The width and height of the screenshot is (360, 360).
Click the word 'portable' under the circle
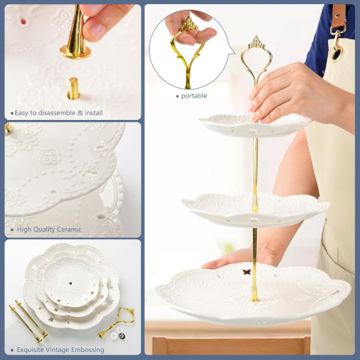(194, 96)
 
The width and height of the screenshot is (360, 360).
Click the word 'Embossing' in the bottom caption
(88, 350)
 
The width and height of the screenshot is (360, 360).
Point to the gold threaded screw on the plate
(74, 88)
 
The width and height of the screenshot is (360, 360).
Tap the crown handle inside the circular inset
(188, 50)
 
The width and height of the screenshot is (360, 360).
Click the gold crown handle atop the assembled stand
(256, 58)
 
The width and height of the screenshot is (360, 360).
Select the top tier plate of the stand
(254, 126)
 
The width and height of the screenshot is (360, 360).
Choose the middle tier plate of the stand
(255, 210)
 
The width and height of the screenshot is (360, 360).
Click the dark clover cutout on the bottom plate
(247, 272)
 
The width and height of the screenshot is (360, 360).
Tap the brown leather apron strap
(339, 16)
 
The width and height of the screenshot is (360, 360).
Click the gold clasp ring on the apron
(338, 54)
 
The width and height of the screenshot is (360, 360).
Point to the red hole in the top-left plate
(23, 22)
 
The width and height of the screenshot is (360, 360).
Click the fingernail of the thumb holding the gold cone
(96, 30)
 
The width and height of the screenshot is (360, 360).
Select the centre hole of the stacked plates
(70, 283)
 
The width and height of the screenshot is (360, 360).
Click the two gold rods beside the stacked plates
(28, 322)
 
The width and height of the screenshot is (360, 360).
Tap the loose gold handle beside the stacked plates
(117, 322)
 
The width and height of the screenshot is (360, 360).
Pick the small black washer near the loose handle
(122, 336)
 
